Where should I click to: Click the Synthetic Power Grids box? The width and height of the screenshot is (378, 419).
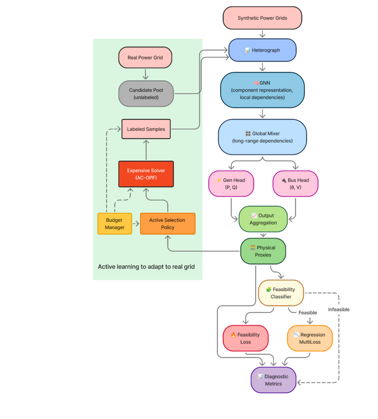click(262, 18)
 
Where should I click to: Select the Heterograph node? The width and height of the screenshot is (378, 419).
click(262, 50)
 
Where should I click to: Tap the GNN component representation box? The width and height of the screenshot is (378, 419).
click(262, 90)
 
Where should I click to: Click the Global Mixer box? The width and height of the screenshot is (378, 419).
click(262, 137)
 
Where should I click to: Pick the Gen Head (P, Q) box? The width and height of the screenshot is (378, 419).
click(231, 184)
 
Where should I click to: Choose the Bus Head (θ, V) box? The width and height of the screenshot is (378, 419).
click(295, 184)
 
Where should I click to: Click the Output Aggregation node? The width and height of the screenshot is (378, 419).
click(263, 219)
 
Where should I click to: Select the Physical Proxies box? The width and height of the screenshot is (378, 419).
click(263, 251)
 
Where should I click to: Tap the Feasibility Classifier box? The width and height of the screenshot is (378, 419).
click(281, 293)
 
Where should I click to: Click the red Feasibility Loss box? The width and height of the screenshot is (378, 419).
click(245, 338)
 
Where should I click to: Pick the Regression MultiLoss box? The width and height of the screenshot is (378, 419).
click(310, 338)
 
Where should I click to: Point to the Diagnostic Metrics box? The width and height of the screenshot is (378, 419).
click(273, 380)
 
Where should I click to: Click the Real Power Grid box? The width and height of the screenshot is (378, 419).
click(145, 58)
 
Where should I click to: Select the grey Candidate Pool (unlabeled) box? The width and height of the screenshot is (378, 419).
click(146, 94)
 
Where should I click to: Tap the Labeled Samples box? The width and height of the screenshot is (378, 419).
click(146, 129)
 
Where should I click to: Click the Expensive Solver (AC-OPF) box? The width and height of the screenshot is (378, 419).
click(146, 174)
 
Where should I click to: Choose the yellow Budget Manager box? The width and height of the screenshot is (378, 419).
click(115, 223)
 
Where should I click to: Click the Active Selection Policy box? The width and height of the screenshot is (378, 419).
click(167, 223)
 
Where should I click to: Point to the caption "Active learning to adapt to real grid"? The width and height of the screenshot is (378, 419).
click(146, 267)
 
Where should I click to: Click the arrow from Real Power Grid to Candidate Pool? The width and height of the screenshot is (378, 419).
click(145, 74)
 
